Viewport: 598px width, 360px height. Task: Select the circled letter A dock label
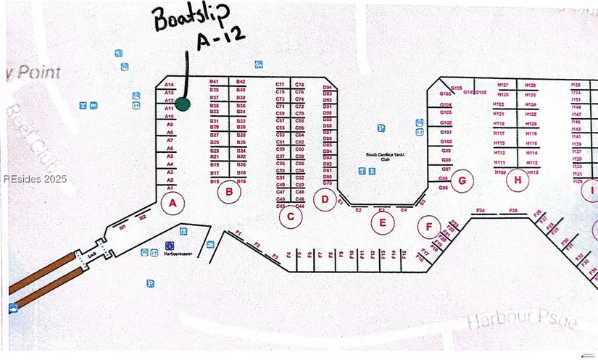(173, 204)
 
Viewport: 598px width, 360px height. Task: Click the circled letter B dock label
(229, 193)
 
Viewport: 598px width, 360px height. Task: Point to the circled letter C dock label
(291, 215)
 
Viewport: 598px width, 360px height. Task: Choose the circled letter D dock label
(325, 199)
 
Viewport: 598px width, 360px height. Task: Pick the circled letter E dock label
(381, 223)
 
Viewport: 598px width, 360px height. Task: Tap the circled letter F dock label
(429, 227)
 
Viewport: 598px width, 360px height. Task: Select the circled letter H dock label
(517, 180)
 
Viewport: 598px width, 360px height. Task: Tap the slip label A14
(169, 85)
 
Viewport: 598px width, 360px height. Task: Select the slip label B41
(214, 81)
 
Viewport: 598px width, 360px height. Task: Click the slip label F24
(480, 210)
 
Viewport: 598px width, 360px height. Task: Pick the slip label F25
(513, 210)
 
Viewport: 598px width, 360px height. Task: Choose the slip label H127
(502, 85)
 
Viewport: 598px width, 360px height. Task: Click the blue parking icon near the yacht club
(381, 128)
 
